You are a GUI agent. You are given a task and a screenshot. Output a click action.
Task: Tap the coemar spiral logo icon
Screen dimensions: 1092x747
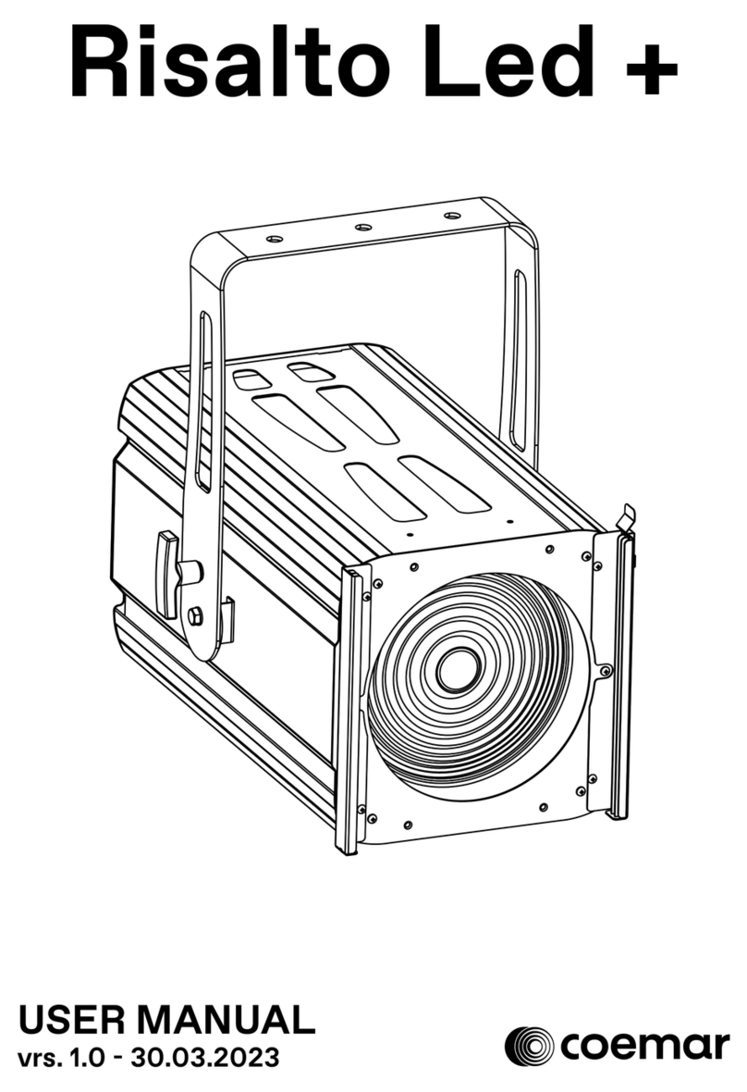(x=530, y=1046)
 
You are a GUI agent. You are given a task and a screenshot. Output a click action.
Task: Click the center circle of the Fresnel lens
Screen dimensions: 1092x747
(x=458, y=668)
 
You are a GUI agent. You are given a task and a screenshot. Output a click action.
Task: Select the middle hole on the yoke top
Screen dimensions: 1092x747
(x=363, y=227)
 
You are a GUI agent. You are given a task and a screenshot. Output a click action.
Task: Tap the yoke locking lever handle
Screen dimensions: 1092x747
(x=169, y=573)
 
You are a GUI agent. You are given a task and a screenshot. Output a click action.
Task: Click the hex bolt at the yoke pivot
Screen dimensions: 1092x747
(x=195, y=616)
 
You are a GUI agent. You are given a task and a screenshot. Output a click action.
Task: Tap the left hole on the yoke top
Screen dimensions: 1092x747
(x=274, y=239)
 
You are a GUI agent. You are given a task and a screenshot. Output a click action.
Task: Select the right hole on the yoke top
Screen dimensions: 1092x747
(x=451, y=216)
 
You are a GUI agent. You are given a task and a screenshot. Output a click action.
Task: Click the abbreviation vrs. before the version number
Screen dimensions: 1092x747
(x=42, y=1056)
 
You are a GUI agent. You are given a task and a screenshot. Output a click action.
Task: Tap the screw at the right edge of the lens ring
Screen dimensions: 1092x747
(x=605, y=670)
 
